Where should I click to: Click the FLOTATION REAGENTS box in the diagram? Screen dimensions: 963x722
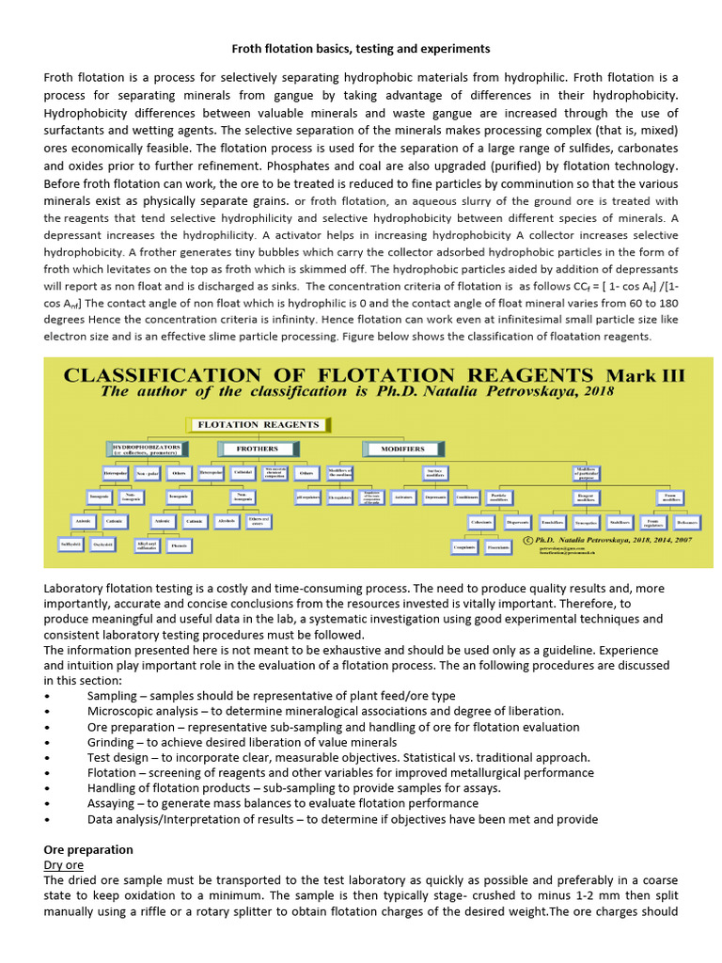[257, 424]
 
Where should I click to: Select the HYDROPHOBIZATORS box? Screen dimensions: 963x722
[149, 449]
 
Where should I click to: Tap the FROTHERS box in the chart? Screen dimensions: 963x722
[257, 449]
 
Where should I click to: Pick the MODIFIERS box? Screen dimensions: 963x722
[402, 449]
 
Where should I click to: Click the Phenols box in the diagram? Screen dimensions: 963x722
[180, 545]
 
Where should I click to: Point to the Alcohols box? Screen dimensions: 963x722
[227, 519]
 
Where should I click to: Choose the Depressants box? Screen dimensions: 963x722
[434, 497]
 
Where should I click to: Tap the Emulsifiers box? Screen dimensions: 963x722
[552, 520]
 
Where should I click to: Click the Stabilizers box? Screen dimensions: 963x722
[620, 520]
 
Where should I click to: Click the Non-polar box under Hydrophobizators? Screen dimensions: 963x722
[148, 473]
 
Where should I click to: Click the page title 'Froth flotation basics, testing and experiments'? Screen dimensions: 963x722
[360, 48]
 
